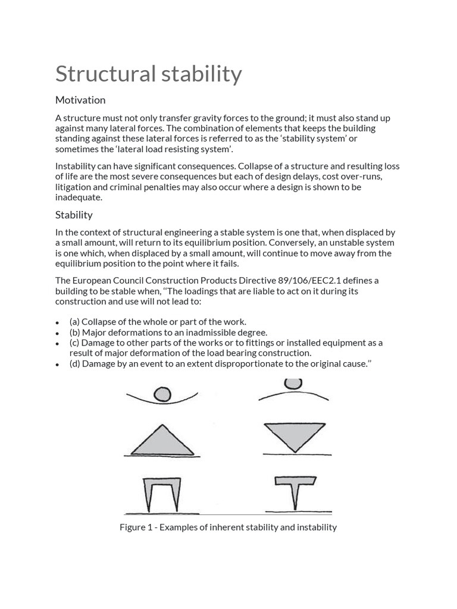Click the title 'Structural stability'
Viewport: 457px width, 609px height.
148,74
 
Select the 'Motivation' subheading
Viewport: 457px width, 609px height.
80,100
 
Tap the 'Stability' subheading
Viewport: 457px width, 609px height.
74,215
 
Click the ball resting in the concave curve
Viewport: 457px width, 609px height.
162,394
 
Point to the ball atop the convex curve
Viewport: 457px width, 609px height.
292,384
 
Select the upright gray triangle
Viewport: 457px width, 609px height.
162,440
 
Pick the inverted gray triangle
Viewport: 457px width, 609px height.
294,436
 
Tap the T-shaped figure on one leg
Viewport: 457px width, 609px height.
295,490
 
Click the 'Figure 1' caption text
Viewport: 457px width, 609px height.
228,527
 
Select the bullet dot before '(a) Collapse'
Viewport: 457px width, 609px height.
57,323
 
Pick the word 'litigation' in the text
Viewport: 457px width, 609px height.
74,187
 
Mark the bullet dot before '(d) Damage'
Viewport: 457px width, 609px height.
57,365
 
